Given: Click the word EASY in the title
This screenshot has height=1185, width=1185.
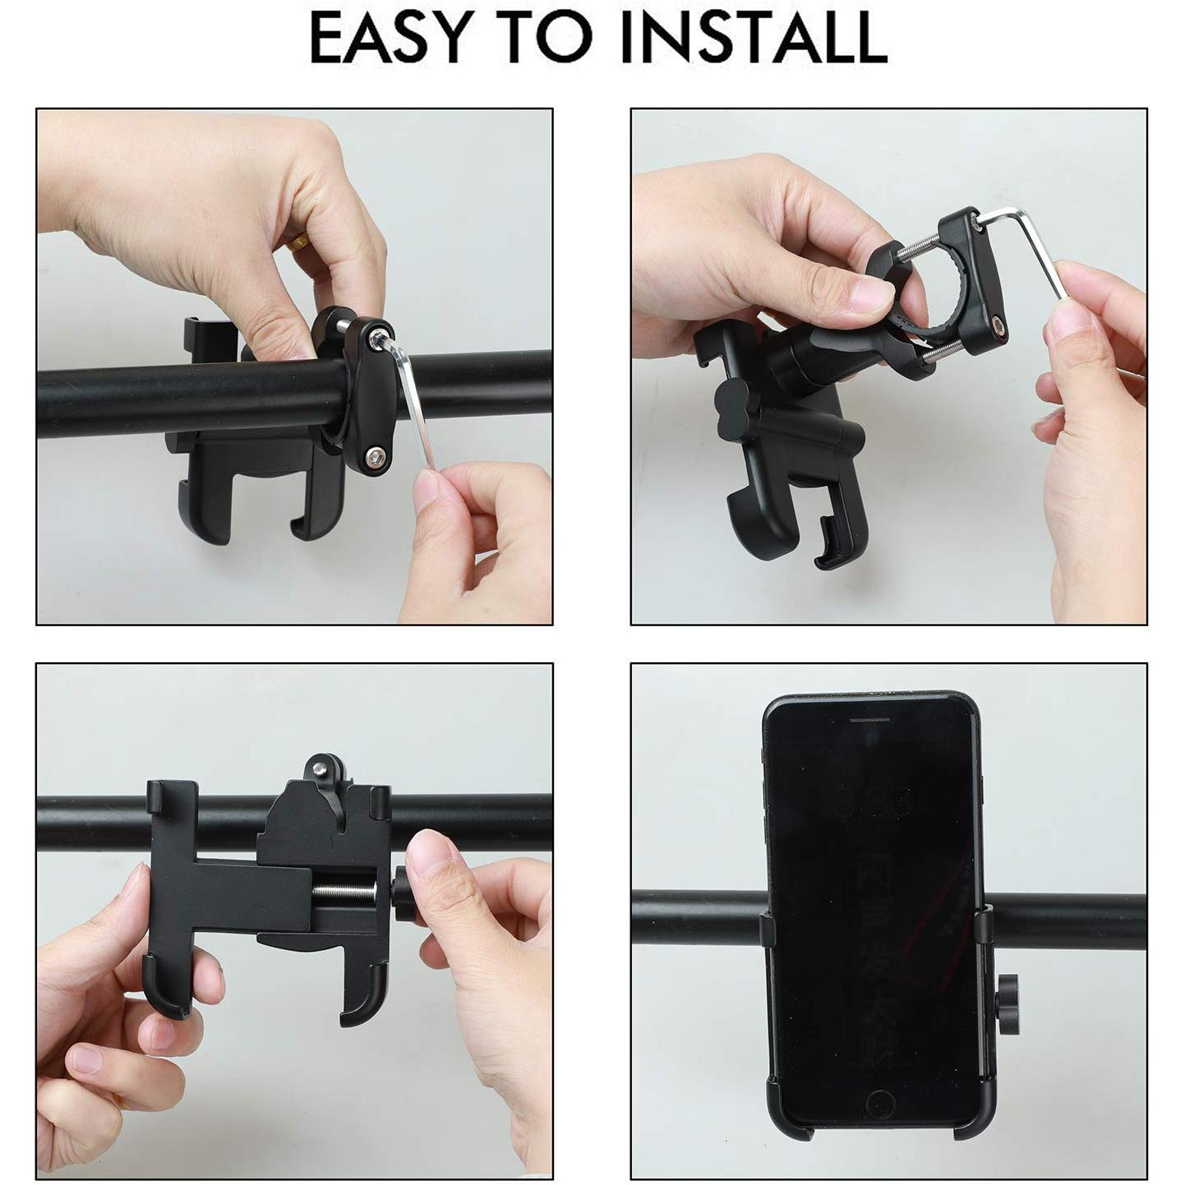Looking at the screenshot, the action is (397, 37).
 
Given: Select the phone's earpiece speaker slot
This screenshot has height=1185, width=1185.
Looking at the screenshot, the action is (869, 718).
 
